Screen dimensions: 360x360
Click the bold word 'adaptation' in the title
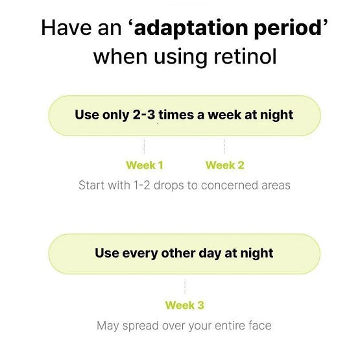click(191, 29)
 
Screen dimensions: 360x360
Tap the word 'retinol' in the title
click(245, 56)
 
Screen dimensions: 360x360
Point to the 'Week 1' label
click(145, 165)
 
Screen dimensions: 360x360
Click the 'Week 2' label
click(225, 165)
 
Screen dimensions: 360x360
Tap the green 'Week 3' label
click(185, 305)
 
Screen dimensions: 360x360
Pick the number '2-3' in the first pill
click(144, 115)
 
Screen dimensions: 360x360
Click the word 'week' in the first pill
click(224, 115)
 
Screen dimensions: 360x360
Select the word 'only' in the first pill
click(115, 115)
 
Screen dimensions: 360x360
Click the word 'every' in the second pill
click(140, 254)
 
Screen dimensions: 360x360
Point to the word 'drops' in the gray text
click(169, 186)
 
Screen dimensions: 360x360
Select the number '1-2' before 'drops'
click(141, 186)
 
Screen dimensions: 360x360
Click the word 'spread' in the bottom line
click(140, 326)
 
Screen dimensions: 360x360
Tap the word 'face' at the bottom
click(260, 326)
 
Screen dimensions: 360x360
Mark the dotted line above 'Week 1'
click(144, 146)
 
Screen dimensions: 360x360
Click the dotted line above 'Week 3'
click(185, 287)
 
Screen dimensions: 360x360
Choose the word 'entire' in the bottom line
click(230, 326)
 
